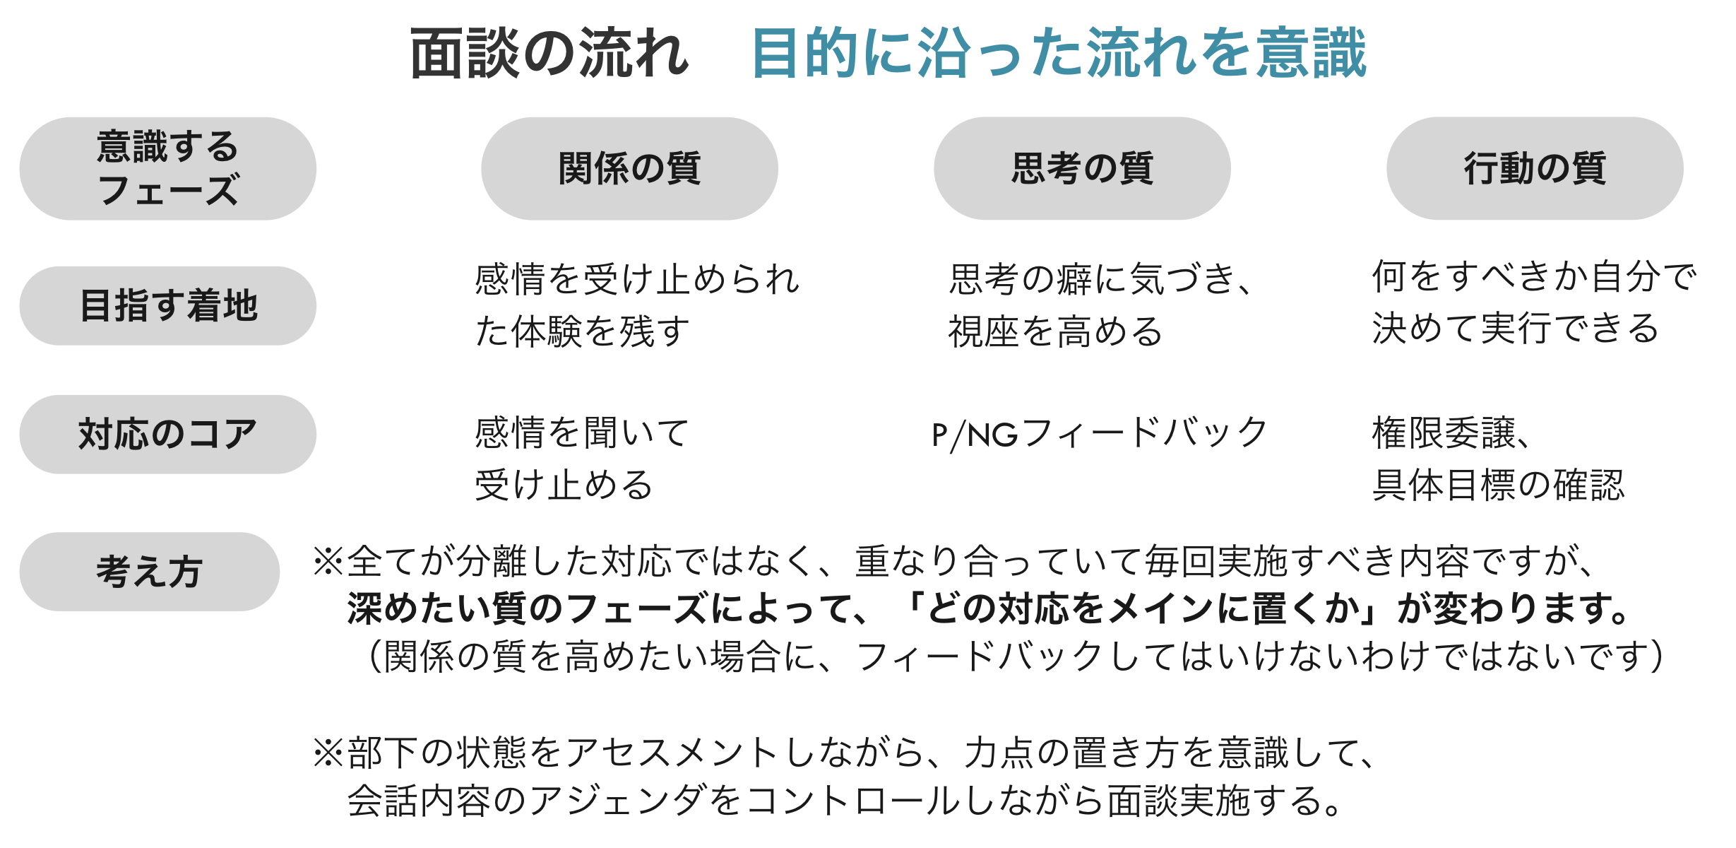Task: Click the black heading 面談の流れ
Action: click(549, 53)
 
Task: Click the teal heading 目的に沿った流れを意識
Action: click(1059, 53)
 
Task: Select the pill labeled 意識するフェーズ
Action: click(168, 168)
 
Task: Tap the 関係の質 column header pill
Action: click(629, 168)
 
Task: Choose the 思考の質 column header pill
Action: click(1082, 168)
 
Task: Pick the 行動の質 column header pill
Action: click(1535, 168)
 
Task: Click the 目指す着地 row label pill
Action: click(168, 306)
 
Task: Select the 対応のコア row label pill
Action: click(168, 434)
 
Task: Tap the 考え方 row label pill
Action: click(150, 572)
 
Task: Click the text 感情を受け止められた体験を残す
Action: click(637, 305)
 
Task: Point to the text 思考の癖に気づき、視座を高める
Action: click(1100, 305)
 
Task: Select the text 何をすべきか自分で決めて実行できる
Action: click(1534, 302)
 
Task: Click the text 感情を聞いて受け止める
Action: click(582, 459)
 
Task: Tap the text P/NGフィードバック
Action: click(1100, 433)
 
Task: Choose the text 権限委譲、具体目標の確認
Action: click(1499, 459)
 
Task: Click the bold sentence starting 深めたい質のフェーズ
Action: click(989, 608)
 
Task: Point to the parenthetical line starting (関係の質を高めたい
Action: click(1016, 656)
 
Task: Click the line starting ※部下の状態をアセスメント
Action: click(845, 752)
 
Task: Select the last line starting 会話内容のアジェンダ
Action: click(844, 801)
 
